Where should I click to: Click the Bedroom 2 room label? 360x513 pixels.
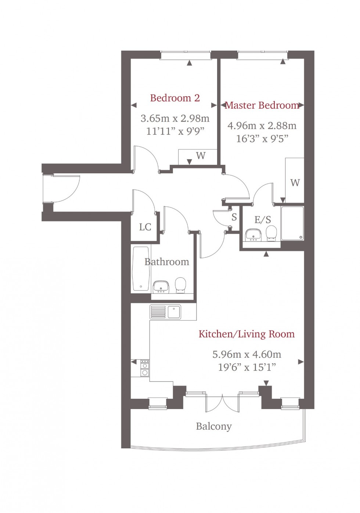pyautogui.click(x=175, y=98)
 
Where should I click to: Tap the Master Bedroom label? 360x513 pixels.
pyautogui.click(x=262, y=105)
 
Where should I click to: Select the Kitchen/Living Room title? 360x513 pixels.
pyautogui.click(x=246, y=334)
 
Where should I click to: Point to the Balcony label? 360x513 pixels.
pyautogui.click(x=214, y=426)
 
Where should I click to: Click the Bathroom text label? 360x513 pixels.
pyautogui.click(x=167, y=262)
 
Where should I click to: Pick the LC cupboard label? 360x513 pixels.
pyautogui.click(x=145, y=227)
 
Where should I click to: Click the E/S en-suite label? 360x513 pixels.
pyautogui.click(x=263, y=220)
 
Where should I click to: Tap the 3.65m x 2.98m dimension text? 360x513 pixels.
pyautogui.click(x=175, y=119)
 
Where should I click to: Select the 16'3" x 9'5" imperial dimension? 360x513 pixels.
pyautogui.click(x=262, y=138)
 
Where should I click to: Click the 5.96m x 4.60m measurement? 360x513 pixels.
pyautogui.click(x=246, y=354)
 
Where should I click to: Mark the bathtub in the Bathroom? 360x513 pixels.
pyautogui.click(x=141, y=268)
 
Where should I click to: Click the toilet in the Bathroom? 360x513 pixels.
pyautogui.click(x=180, y=285)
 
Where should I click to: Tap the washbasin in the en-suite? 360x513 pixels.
pyautogui.click(x=253, y=235)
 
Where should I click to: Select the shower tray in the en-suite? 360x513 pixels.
pyautogui.click(x=292, y=223)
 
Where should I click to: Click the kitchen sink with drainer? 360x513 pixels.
pyautogui.click(x=165, y=312)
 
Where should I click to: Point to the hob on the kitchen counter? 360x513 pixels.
pyautogui.click(x=145, y=369)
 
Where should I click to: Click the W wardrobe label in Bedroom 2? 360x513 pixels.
pyautogui.click(x=201, y=156)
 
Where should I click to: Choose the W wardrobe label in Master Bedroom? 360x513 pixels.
pyautogui.click(x=295, y=183)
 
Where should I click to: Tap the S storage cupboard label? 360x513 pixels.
pyautogui.click(x=234, y=217)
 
